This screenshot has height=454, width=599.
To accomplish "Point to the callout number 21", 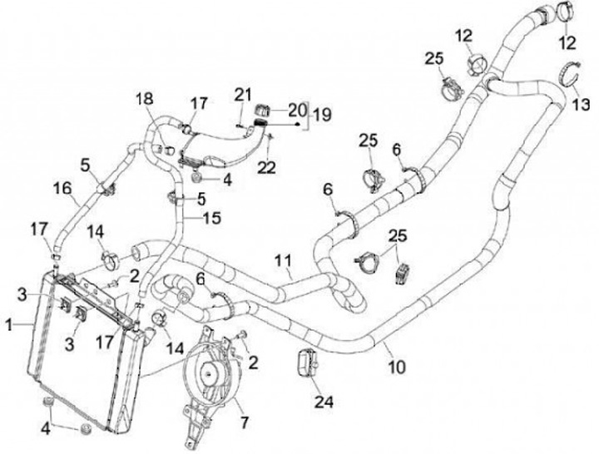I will coord(242,93).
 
